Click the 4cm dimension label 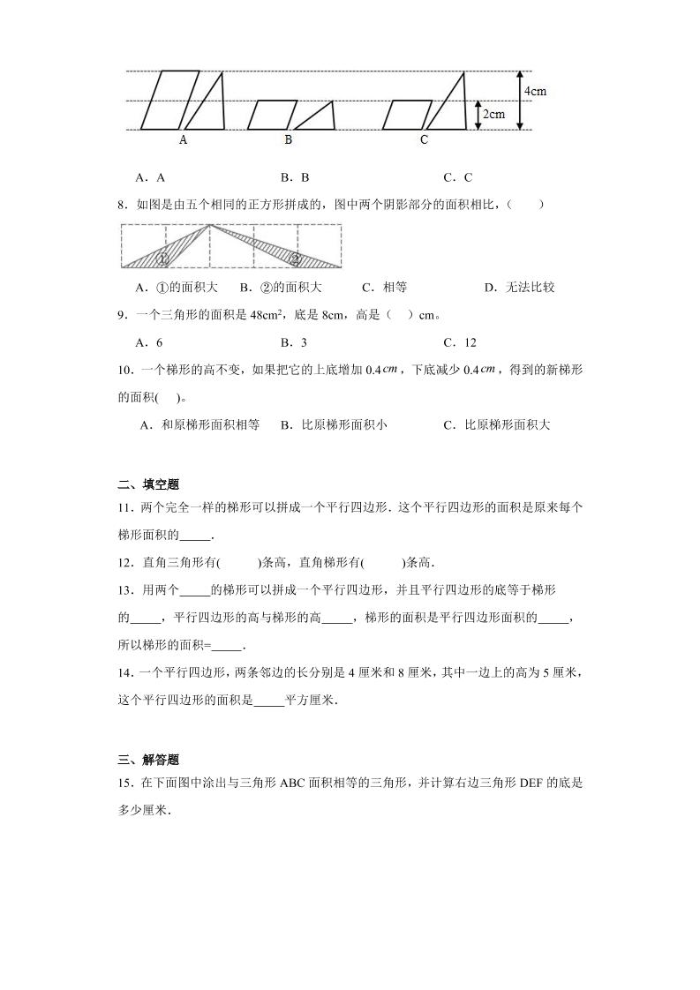coord(534,91)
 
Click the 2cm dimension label coord(493,114)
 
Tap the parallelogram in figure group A coord(164,101)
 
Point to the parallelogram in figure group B coord(270,115)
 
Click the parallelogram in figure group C coord(407,115)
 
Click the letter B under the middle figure coord(288,139)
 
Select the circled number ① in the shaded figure coord(164,259)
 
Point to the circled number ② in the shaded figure coord(296,259)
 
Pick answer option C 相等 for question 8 coord(384,288)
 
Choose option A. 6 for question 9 coord(148,343)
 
